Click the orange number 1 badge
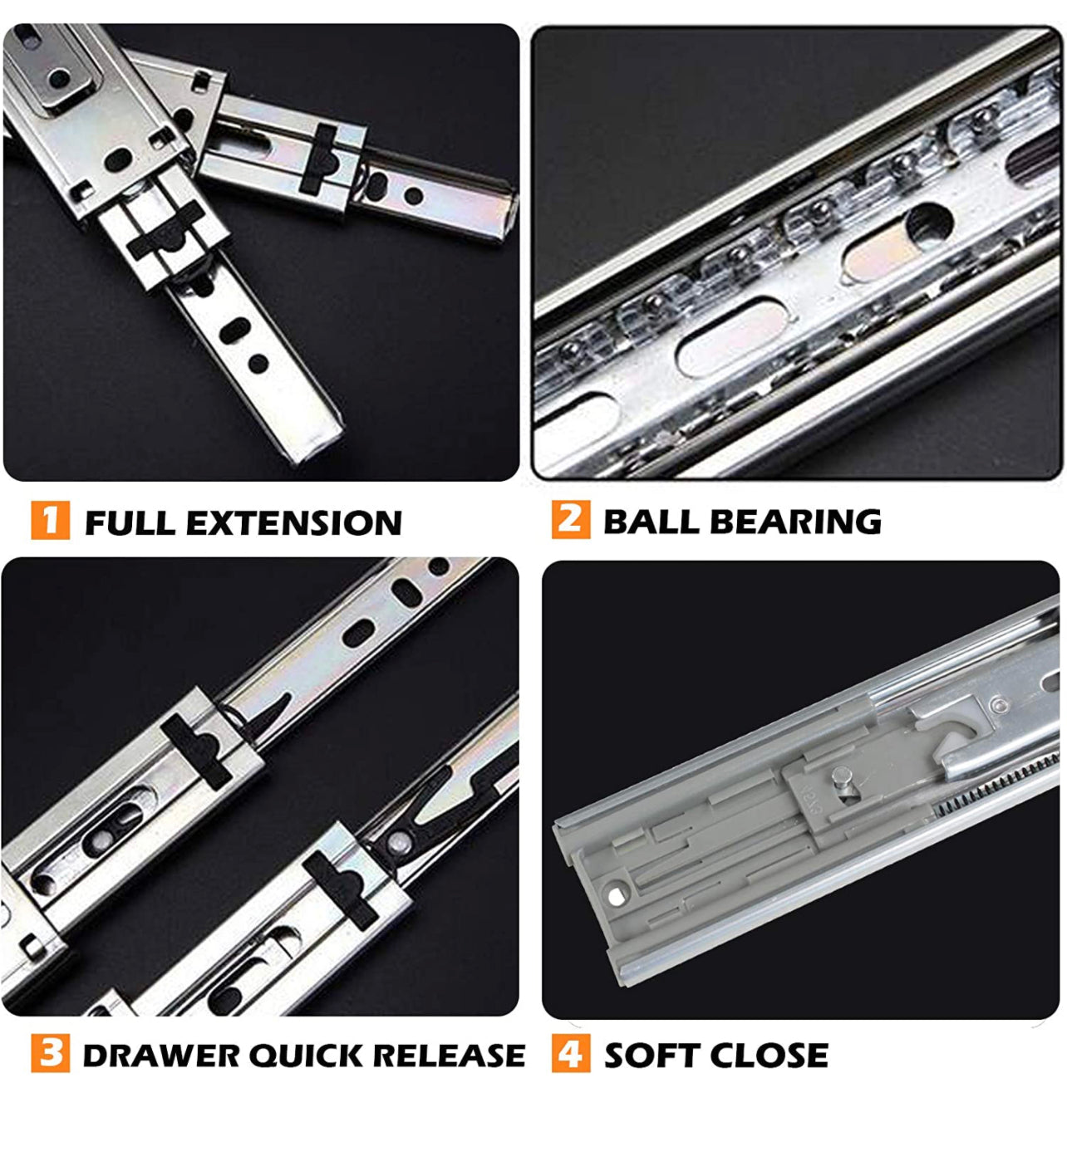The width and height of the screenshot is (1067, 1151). pyautogui.click(x=51, y=521)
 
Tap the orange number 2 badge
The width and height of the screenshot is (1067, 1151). pyautogui.click(x=571, y=519)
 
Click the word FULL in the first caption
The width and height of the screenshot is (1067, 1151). pyautogui.click(x=130, y=522)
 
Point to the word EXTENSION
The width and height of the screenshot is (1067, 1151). pyautogui.click(x=294, y=522)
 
